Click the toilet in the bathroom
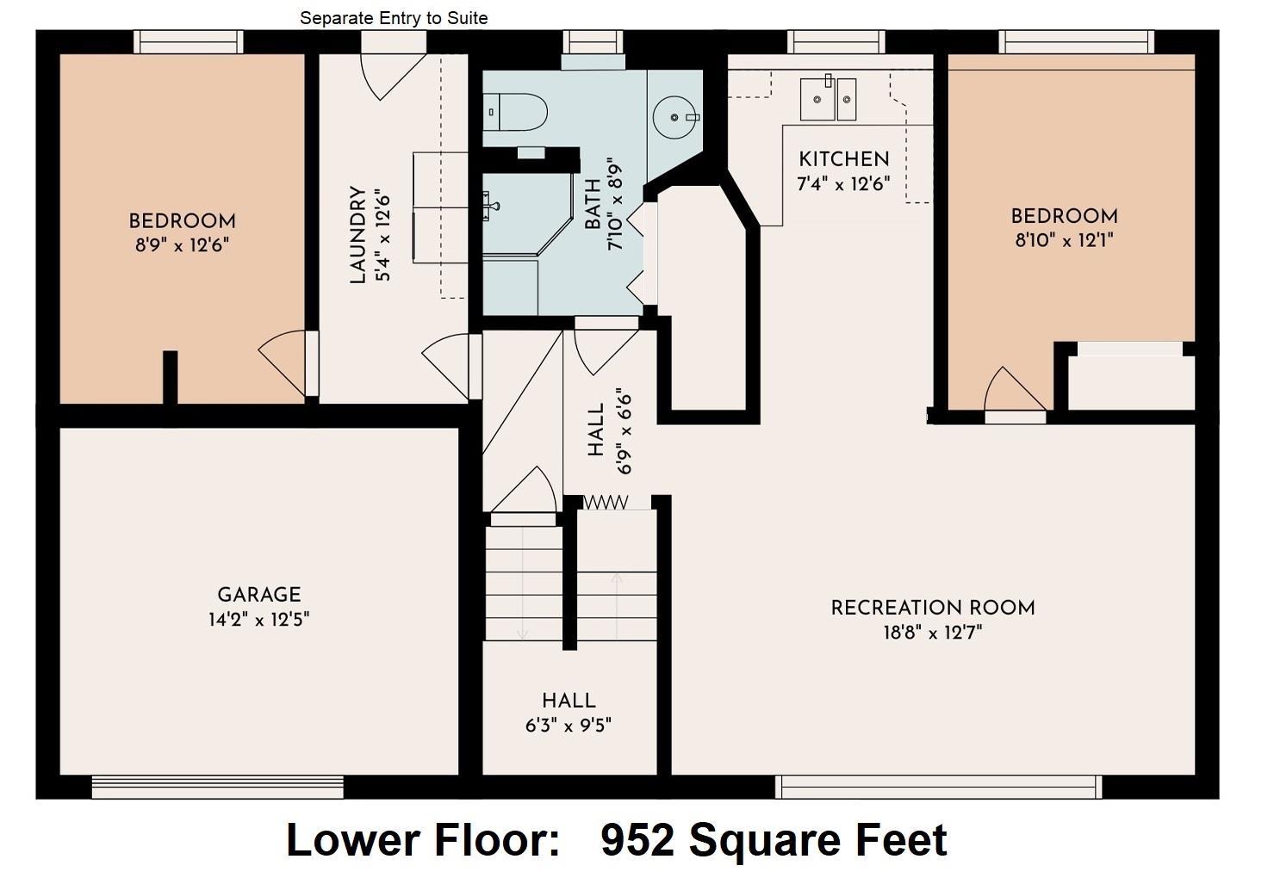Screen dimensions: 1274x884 [x=515, y=112]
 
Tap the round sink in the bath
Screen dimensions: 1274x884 [x=675, y=118]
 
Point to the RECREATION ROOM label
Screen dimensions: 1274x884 [x=933, y=608]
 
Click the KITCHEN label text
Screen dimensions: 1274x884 [x=844, y=160]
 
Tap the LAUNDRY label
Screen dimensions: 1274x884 [x=357, y=235]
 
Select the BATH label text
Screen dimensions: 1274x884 [x=593, y=203]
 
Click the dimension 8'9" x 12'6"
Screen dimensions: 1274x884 [x=182, y=245]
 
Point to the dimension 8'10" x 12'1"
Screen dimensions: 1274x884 [x=1064, y=240]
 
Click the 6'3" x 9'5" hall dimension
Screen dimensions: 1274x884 [x=569, y=726]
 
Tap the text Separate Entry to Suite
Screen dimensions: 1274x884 [x=394, y=18]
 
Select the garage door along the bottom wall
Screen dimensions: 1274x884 [x=218, y=787]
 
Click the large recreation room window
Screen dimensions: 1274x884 [x=939, y=787]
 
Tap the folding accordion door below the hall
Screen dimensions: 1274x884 [x=606, y=502]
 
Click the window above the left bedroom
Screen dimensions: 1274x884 [x=189, y=42]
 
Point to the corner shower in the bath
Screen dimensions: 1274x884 [x=527, y=213]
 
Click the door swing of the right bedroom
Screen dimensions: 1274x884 [x=1015, y=389]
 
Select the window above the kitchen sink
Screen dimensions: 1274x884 [x=836, y=42]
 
